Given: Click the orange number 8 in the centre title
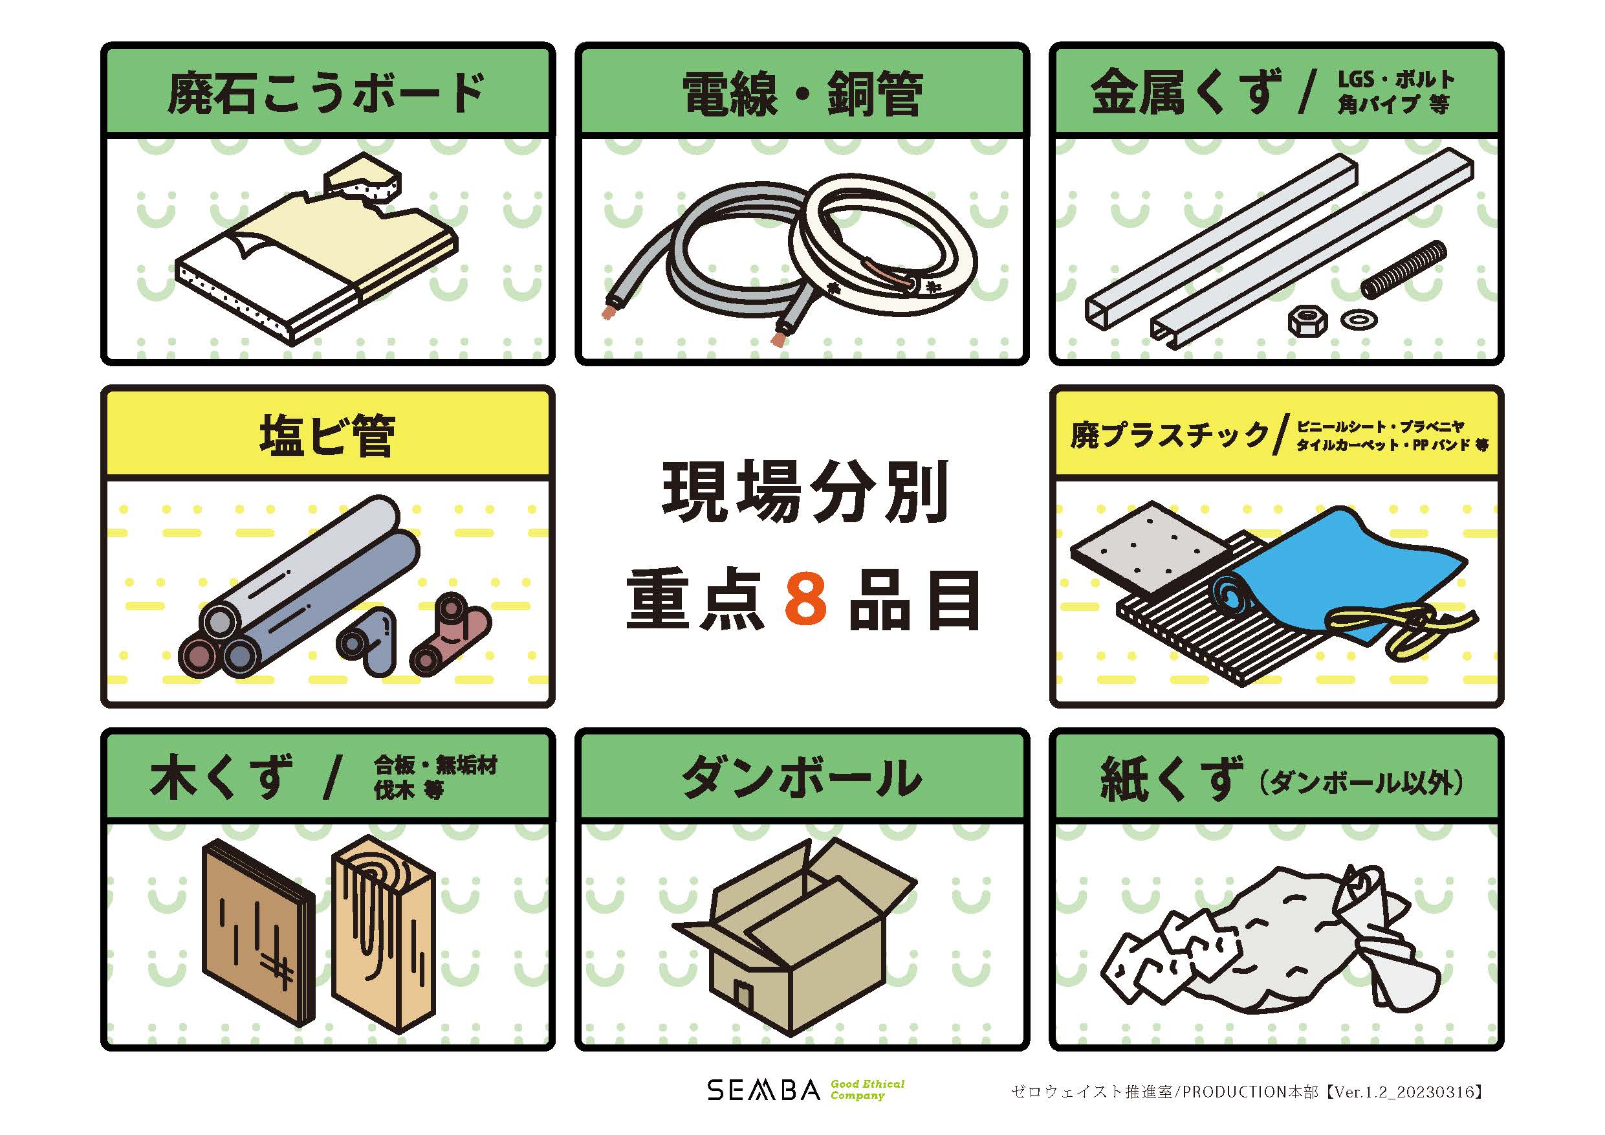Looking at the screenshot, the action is pos(806,599).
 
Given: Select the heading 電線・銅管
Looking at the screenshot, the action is pos(802,93).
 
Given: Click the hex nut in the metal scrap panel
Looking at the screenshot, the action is pos(1308,321).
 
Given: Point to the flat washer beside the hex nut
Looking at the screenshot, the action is pos(1359,320).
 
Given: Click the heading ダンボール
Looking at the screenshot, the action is pos(802,777).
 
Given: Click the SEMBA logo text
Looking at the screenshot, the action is pos(763,1090).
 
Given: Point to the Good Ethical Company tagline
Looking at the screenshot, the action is pos(867,1090).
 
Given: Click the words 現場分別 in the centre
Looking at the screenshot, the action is pos(805,492).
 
